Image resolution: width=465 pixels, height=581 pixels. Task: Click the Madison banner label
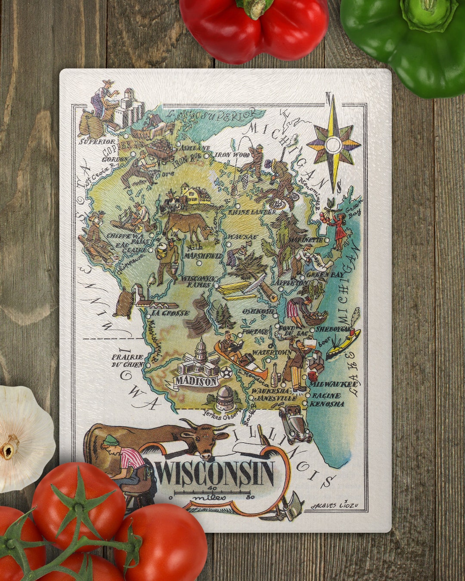point(196,381)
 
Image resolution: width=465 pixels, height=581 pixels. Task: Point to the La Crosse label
point(169,313)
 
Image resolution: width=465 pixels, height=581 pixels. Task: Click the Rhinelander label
point(252,212)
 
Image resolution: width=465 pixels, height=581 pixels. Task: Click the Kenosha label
point(327,404)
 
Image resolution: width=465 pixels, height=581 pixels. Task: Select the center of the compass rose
point(333,144)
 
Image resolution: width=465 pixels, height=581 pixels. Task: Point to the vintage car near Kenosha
point(295,424)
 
